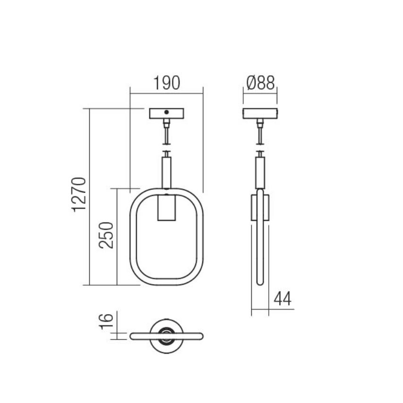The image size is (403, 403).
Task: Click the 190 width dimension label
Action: (167, 83)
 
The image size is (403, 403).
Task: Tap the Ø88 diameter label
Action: (260, 83)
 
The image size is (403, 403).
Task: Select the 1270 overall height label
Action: (78, 194)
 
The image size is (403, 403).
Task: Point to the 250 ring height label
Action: (106, 235)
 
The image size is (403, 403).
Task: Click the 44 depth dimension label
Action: (283, 298)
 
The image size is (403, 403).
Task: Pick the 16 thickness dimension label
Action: (106, 322)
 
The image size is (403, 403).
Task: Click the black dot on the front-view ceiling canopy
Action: (167, 112)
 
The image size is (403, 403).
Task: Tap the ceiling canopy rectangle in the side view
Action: (260, 114)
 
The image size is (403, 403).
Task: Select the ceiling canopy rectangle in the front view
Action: (167, 114)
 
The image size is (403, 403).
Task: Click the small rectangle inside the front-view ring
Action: (167, 208)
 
